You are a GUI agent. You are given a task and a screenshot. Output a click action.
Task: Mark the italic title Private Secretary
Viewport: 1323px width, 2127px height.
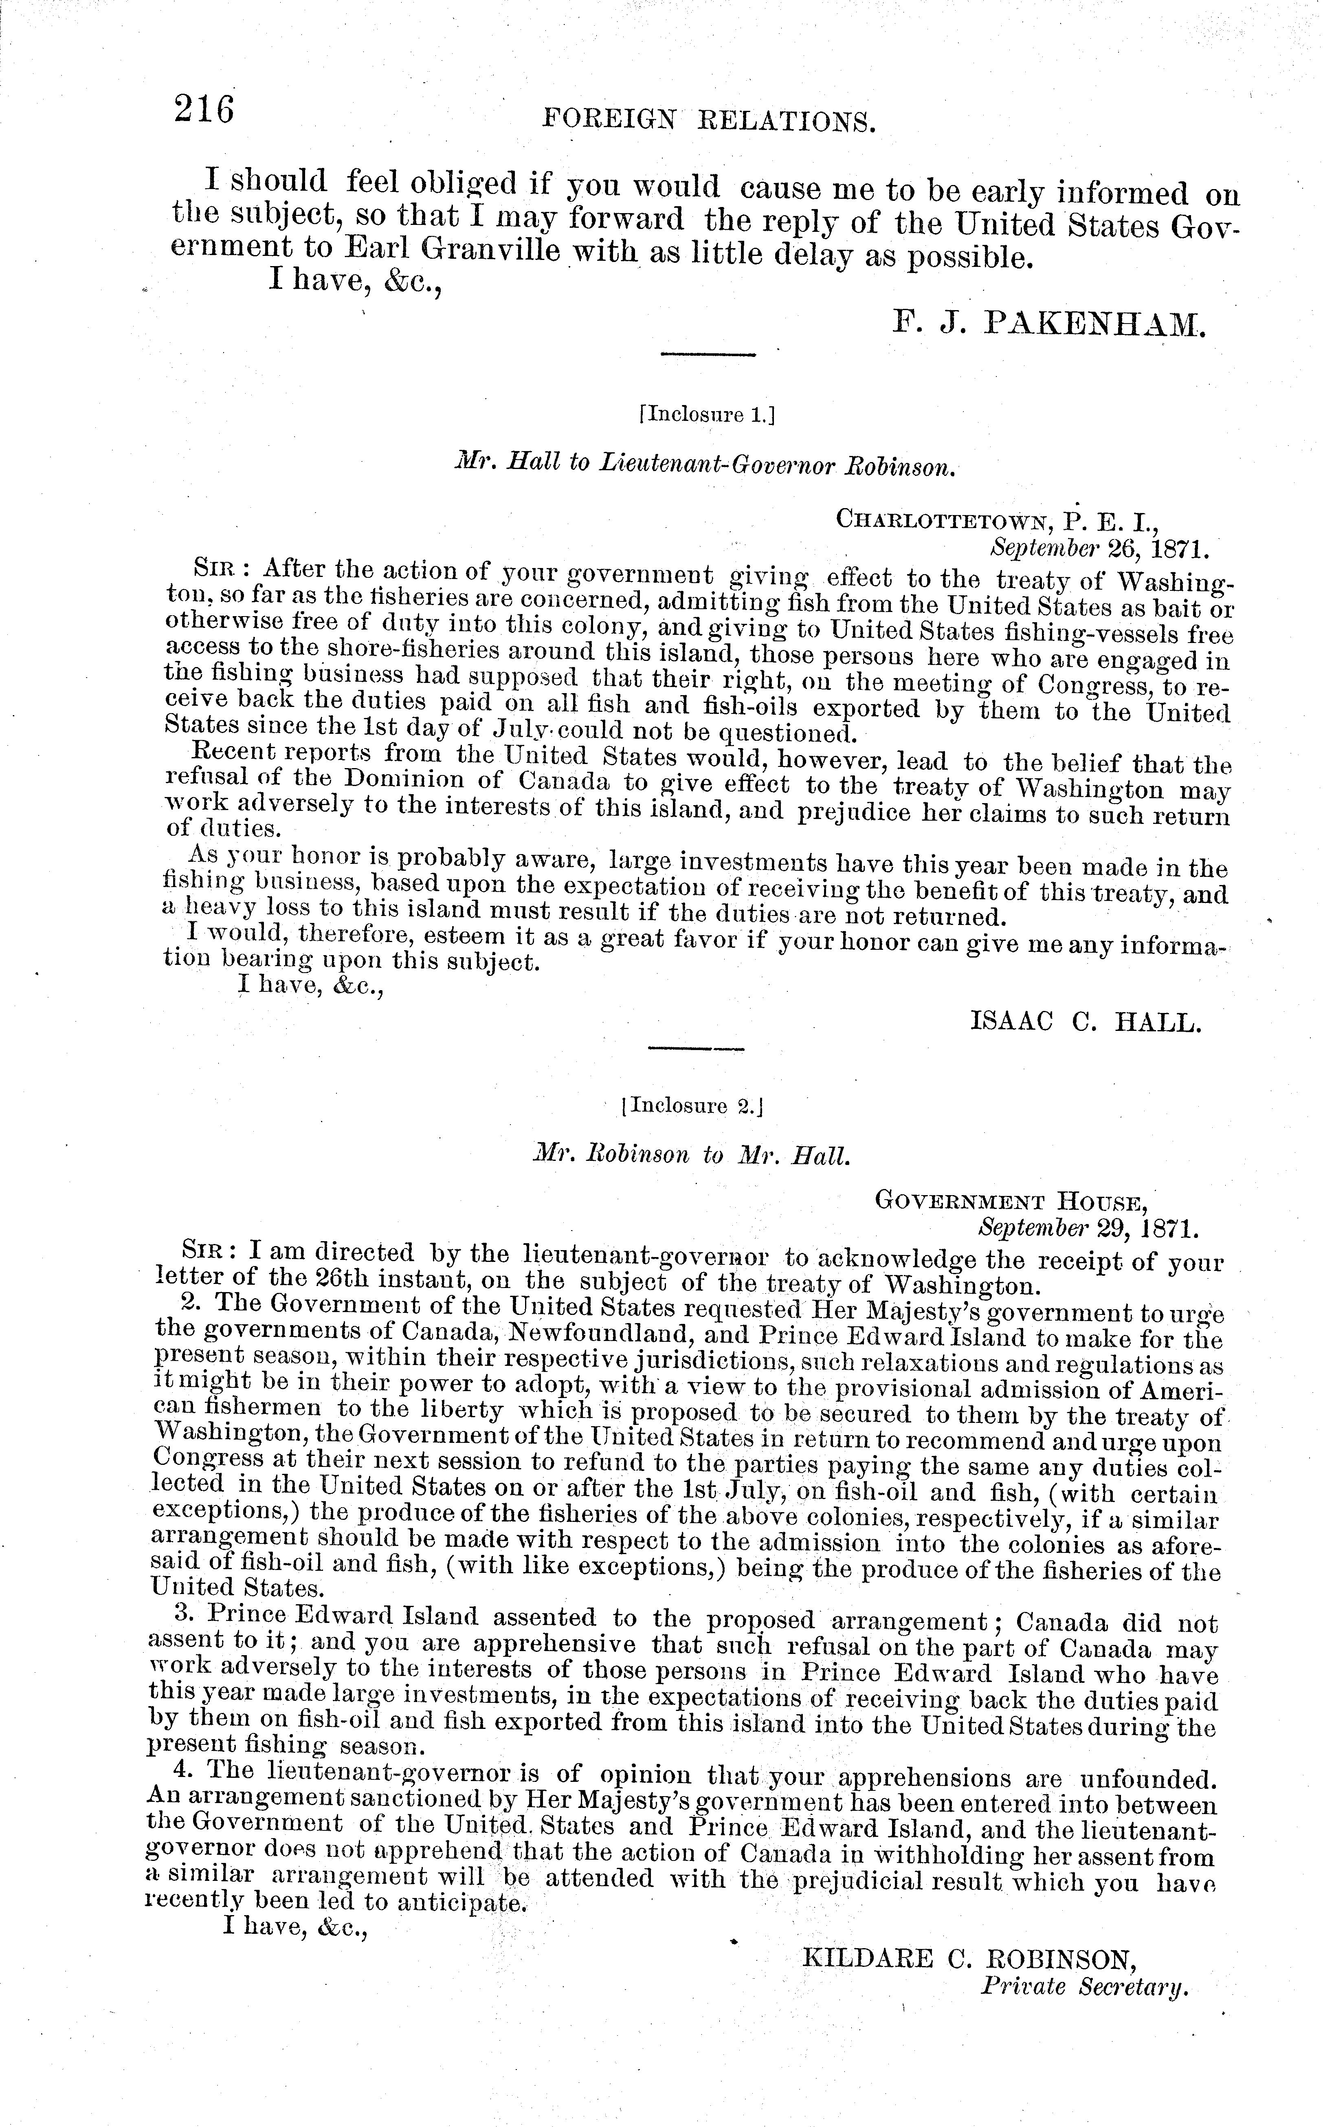click(1085, 1988)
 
